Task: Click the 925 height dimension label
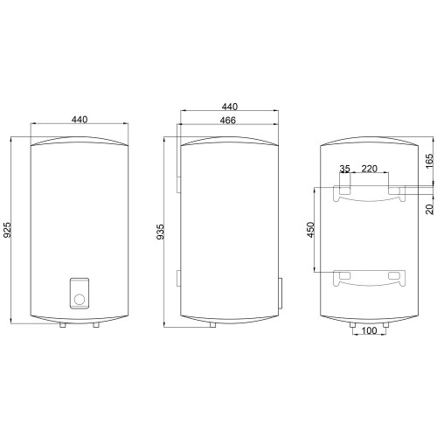pos(7,230)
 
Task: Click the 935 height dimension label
pos(160,232)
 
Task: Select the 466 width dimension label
pos(228,121)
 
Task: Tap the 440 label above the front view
pos(80,120)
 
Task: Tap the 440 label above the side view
pos(230,107)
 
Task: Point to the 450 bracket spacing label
pos(311,230)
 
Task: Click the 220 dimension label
pos(370,169)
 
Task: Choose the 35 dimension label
pos(344,169)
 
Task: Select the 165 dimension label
pos(429,161)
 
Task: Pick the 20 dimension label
pos(429,209)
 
